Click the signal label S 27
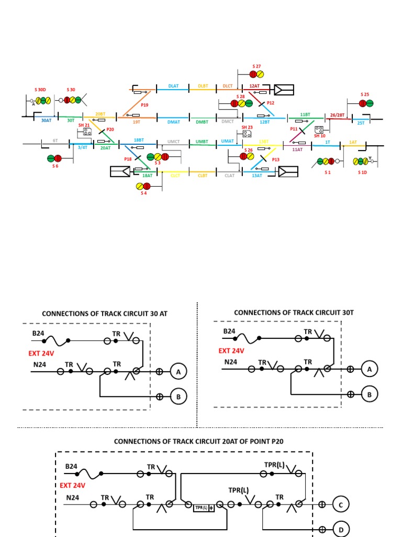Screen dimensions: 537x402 click(256, 66)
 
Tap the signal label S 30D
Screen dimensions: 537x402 click(40, 90)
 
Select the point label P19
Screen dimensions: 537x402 click(144, 105)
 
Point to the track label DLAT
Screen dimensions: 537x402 click(173, 85)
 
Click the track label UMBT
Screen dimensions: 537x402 click(202, 141)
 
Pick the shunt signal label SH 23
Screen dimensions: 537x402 click(247, 127)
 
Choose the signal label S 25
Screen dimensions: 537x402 click(365, 94)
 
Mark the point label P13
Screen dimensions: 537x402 click(276, 159)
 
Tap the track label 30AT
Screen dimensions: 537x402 click(47, 120)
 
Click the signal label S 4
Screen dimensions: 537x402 click(143, 194)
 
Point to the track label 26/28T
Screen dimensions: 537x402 click(338, 115)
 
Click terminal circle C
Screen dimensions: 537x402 click(341, 505)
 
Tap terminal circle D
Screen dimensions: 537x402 click(341, 530)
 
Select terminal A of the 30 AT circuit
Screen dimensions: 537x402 click(178, 372)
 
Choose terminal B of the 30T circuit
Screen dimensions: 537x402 click(370, 394)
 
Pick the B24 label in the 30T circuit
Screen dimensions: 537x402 click(230, 331)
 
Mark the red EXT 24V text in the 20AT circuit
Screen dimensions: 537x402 click(75, 486)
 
